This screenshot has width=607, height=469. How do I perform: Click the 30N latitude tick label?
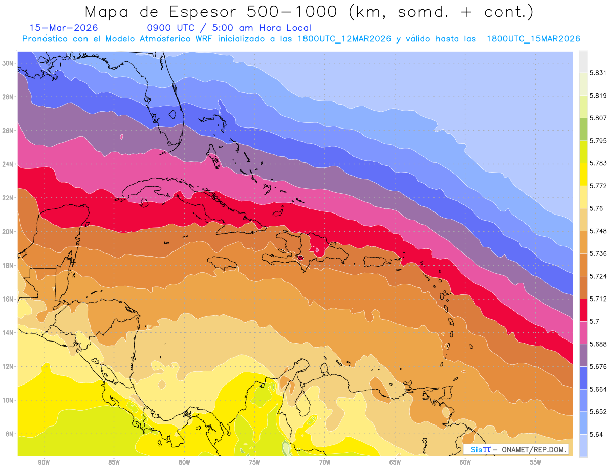click(8, 63)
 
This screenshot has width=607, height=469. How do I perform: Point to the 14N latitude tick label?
click(8, 333)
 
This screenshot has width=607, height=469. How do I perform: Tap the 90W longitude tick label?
click(44, 462)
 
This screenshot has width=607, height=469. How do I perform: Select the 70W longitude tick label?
click(325, 462)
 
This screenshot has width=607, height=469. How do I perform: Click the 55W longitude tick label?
click(536, 462)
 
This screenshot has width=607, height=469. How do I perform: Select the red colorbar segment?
click(583, 310)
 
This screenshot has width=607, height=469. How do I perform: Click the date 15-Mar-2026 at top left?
click(64, 28)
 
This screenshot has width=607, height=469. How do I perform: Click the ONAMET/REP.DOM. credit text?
click(534, 449)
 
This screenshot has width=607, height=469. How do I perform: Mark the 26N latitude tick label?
click(8, 131)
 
